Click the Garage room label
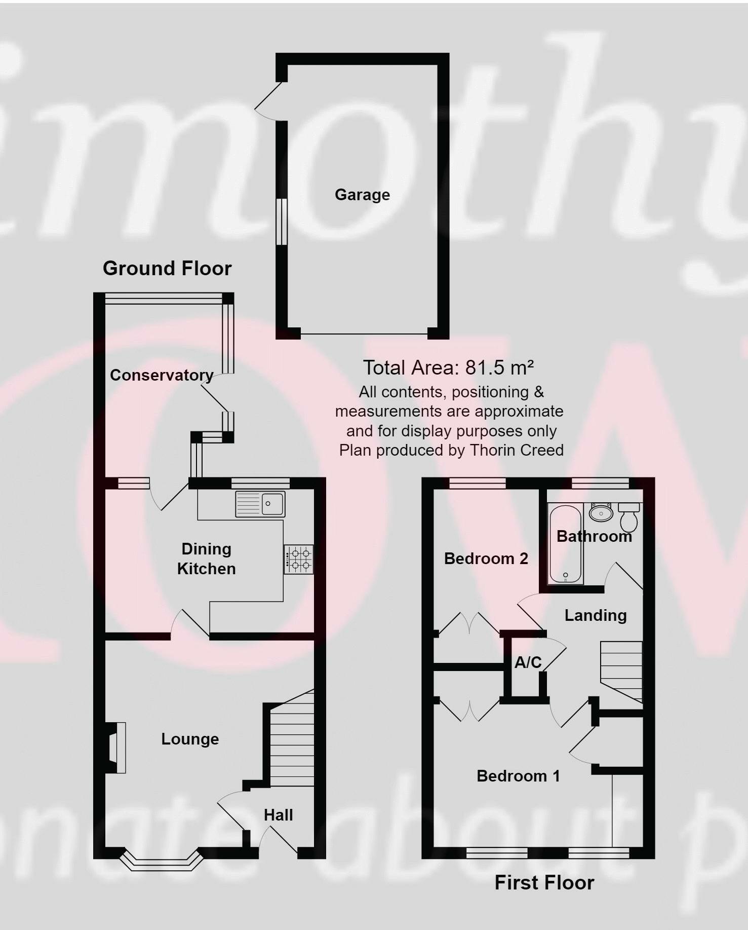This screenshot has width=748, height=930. coord(362,195)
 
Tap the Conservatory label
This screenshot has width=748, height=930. coord(162,375)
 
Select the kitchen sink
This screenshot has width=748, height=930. coord(260,504)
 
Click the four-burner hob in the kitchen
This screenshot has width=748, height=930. coord(299,559)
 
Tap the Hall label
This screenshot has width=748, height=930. coord(278,815)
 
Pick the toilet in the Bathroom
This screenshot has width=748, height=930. coord(629,516)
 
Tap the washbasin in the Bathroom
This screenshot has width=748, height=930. coord(601,512)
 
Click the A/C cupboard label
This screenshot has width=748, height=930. coord(528,662)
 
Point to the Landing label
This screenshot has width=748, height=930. coord(596,615)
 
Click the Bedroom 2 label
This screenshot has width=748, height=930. coord(486,559)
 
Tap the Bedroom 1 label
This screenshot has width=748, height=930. coord(518,776)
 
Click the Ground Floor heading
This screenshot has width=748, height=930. coord(167,268)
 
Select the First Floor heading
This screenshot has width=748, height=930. coord(544,883)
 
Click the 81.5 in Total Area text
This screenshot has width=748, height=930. coord(485,367)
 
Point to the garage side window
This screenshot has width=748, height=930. coord(282,222)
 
